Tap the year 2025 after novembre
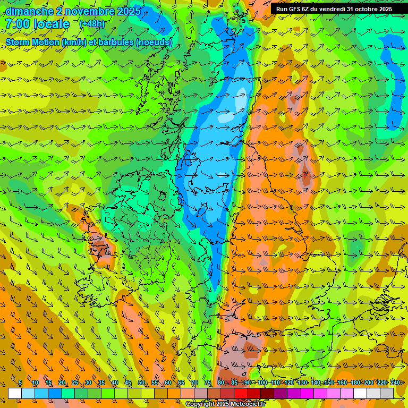(x=128, y=11)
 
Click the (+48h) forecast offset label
(x=91, y=24)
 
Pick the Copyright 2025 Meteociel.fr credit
(x=225, y=404)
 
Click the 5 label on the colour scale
(x=20, y=382)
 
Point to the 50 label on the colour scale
(x=141, y=382)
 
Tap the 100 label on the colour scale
(x=262, y=382)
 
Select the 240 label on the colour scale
(x=395, y=382)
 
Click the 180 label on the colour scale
(x=354, y=382)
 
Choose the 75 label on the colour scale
(x=207, y=382)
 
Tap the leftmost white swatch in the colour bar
(x=14, y=393)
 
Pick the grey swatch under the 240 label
(x=387, y=393)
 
